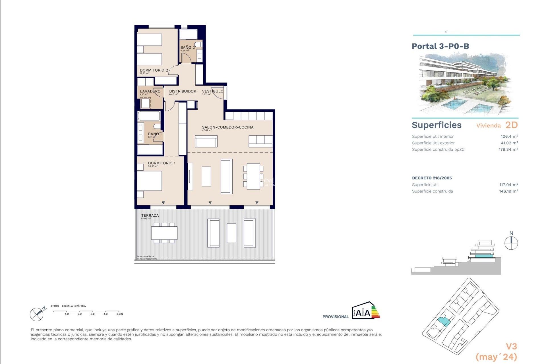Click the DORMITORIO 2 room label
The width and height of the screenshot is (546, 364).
point(154,70)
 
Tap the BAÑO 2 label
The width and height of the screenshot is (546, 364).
point(187,47)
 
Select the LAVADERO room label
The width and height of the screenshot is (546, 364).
point(150,91)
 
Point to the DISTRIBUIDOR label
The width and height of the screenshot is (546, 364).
point(183,91)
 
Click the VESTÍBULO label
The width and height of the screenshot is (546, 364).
point(212,91)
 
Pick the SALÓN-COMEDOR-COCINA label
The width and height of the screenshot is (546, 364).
point(227,127)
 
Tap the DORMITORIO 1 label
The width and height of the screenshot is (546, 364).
point(162,163)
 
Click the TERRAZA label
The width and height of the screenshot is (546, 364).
point(150,216)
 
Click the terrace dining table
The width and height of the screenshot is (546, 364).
point(164,233)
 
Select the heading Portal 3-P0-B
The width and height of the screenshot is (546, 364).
point(440,46)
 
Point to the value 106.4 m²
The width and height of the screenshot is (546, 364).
point(509,136)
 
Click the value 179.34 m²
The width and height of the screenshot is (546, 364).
point(508,150)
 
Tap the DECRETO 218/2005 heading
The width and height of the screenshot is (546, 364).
point(432,178)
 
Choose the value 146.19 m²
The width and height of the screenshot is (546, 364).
point(508,191)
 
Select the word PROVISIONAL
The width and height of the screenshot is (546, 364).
point(335,317)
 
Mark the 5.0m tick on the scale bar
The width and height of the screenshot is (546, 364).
point(119,314)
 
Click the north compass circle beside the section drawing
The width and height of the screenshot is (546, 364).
point(511,243)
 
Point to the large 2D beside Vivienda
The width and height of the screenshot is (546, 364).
point(511,125)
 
